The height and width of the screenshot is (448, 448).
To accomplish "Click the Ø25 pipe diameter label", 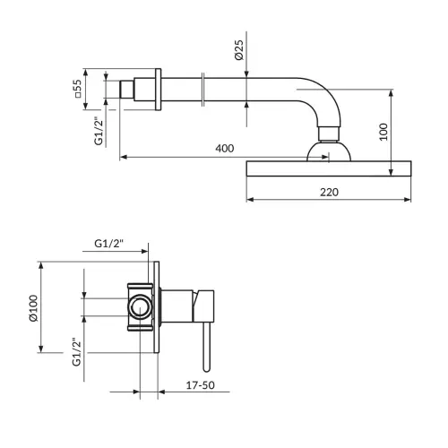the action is coord(239,50).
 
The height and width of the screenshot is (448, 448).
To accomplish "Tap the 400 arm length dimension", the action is coord(225,149).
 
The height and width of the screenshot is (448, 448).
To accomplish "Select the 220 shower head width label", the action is coord(329,192).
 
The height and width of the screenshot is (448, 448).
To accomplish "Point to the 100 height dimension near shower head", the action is coord(383,132).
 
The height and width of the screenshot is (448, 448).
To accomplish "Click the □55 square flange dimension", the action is coord(77,89).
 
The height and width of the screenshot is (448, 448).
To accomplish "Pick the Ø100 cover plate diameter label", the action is coord(33,308).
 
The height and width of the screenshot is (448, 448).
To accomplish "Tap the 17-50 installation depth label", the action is coord(201,385).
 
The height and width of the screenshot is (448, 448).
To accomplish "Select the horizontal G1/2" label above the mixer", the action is coord(108,244).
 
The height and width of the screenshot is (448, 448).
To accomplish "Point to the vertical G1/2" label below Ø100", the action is coord(76,352).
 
